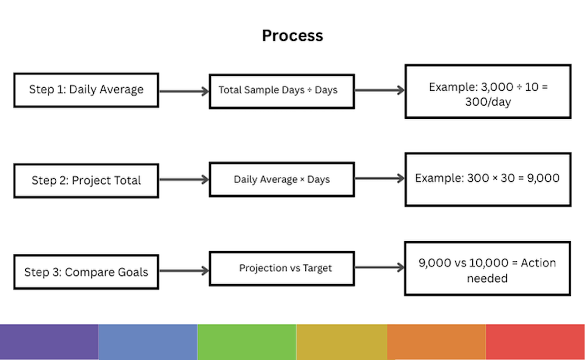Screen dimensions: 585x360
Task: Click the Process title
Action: click(x=292, y=36)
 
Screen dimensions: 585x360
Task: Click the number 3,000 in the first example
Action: click(x=497, y=87)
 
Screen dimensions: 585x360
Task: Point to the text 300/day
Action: click(x=488, y=102)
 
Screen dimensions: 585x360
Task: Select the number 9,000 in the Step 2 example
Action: click(x=543, y=178)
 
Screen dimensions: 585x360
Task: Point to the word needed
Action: click(x=487, y=278)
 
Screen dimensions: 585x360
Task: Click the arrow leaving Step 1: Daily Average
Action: click(x=184, y=91)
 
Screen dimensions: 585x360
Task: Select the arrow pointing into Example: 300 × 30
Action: click(x=380, y=178)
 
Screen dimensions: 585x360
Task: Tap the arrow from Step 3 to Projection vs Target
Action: click(x=184, y=270)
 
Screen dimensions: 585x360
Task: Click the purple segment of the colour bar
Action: click(x=49, y=342)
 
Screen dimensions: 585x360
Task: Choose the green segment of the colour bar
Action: click(x=247, y=342)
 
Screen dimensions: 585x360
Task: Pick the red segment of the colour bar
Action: click(x=535, y=342)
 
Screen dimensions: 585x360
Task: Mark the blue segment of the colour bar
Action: click(x=148, y=342)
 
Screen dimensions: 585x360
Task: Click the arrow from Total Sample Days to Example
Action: click(x=380, y=90)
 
